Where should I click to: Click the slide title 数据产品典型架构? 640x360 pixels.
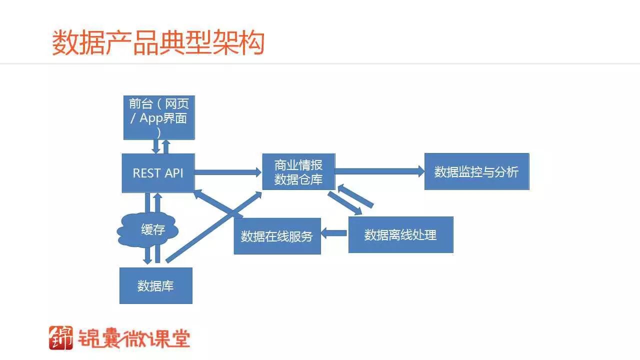pyautogui.click(x=158, y=43)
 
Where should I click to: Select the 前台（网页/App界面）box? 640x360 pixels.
pyautogui.click(x=159, y=117)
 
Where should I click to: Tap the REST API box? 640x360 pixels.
pyautogui.click(x=158, y=173)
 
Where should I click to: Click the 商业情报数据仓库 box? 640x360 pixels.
pyautogui.click(x=298, y=172)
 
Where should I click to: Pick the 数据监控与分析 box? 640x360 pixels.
pyautogui.click(x=476, y=172)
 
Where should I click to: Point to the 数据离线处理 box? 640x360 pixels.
pyautogui.click(x=400, y=234)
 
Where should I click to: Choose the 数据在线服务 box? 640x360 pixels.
pyautogui.click(x=277, y=236)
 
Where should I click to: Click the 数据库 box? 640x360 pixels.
pyautogui.click(x=155, y=286)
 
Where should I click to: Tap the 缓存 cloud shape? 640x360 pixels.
pyautogui.click(x=147, y=230)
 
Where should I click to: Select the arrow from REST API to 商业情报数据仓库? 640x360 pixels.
pyautogui.click(x=228, y=172)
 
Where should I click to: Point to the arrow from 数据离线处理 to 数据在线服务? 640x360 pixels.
pyautogui.click(x=334, y=232)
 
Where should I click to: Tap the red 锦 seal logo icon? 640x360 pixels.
pyautogui.click(x=61, y=337)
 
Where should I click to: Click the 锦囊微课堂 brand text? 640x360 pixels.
pyautogui.click(x=133, y=338)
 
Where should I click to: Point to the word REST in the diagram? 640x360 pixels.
pyautogui.click(x=143, y=173)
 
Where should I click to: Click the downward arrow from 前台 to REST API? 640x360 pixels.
pyautogui.click(x=156, y=146)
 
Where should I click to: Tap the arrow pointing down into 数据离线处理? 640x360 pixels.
pyautogui.click(x=345, y=203)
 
